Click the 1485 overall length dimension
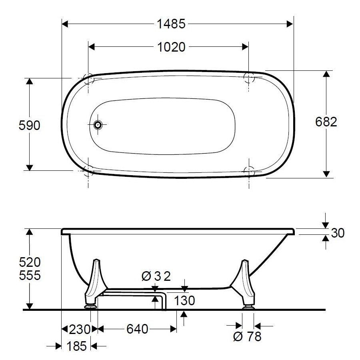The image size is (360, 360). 171,24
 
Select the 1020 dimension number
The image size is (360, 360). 171,47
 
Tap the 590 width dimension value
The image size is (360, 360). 29,125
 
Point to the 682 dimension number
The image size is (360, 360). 326,122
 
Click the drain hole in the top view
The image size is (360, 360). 98,125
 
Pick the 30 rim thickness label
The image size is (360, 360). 338,233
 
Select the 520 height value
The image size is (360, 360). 30,262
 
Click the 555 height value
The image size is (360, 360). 30,275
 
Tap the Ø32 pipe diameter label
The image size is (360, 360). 156,276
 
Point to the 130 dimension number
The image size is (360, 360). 184,300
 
